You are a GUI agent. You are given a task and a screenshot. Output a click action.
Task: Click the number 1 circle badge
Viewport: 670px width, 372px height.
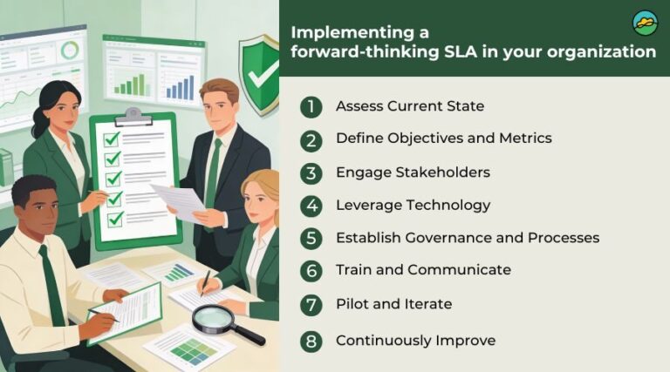click(x=311, y=106)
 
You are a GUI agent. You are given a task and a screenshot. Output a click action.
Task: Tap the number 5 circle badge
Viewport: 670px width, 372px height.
click(x=311, y=238)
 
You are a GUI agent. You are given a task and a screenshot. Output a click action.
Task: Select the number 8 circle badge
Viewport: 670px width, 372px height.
click(x=311, y=342)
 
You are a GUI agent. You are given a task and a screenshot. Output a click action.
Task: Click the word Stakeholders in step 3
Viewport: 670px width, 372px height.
click(x=442, y=172)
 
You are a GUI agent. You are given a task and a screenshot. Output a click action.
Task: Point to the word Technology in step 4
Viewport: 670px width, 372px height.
click(x=448, y=206)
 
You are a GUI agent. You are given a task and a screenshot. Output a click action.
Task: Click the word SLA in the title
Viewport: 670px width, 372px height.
click(x=460, y=52)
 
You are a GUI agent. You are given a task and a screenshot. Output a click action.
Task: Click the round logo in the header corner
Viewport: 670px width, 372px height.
click(x=645, y=24)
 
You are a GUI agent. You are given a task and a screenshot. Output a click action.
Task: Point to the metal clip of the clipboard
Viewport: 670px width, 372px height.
click(x=133, y=117)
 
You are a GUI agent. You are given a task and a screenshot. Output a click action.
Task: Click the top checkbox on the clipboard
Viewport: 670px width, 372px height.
click(x=112, y=139)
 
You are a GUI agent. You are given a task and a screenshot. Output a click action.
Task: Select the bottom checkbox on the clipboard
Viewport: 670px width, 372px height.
click(x=115, y=220)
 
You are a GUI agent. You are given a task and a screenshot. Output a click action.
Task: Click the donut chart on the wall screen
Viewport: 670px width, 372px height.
click(x=70, y=50)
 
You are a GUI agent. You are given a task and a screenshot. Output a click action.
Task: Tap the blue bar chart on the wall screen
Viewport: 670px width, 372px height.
click(x=180, y=88)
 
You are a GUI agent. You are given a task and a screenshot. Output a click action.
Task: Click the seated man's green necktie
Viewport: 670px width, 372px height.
click(x=51, y=286)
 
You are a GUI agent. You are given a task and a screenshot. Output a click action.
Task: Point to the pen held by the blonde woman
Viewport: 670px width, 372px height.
click(x=205, y=283)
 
